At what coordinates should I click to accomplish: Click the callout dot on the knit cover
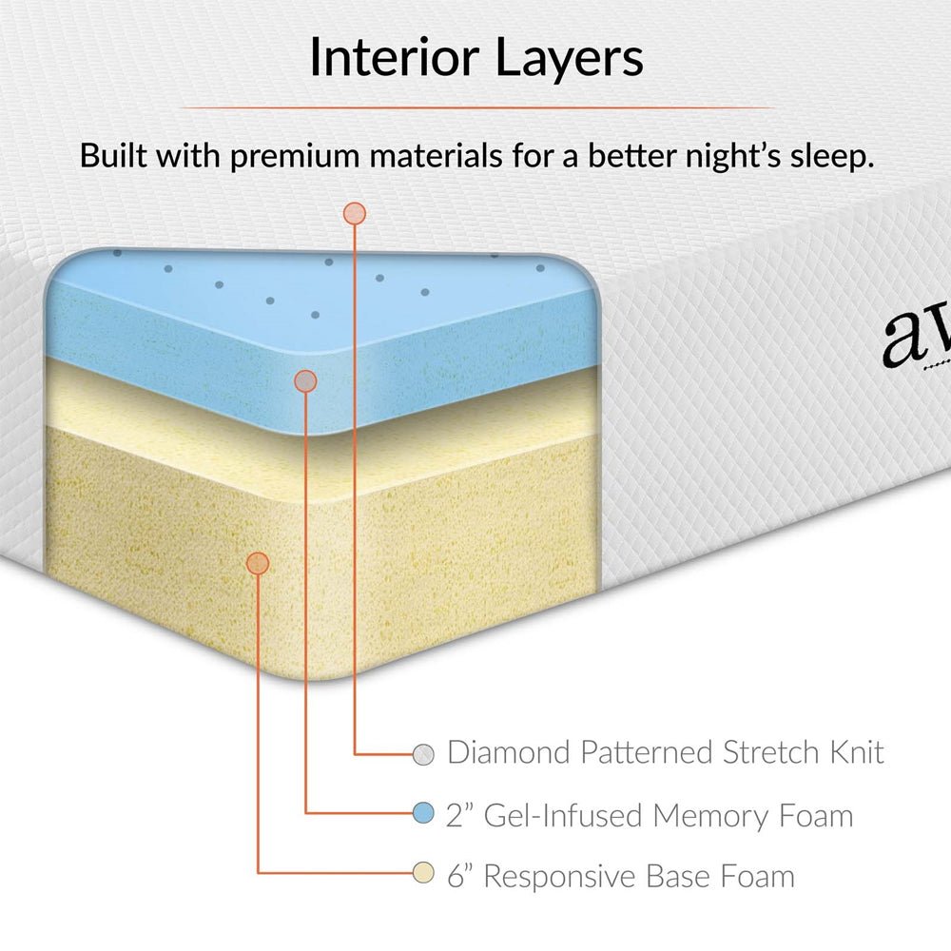pos(355,213)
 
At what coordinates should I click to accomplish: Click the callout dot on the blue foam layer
pos(305,381)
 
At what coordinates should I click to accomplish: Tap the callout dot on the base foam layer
pos(258,563)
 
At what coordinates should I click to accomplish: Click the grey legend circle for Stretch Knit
pos(424,754)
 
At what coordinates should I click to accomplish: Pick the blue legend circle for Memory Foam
pos(424,814)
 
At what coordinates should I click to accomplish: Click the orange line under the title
pos(475,107)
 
